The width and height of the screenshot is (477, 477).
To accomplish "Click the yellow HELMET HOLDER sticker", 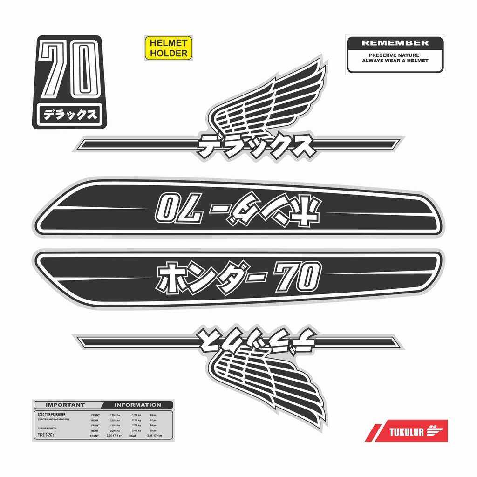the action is pos(169,48).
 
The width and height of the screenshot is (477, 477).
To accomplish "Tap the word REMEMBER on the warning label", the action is pos(395,43).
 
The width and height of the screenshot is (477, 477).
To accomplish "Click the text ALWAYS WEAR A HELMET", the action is pos(395,61).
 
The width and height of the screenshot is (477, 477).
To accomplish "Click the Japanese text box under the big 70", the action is pos(69,115).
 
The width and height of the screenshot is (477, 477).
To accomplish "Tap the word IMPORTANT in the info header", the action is pos(65,405).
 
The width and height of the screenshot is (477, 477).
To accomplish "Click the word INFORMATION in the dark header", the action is pos(137,405).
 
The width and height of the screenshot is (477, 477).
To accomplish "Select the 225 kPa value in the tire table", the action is pos(115,420).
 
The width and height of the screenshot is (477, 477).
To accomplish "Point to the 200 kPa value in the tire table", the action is pos(115,431).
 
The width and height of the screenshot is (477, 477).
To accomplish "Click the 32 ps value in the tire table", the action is pos(153,420).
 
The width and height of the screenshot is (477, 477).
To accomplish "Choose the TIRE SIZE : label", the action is pos(46,436).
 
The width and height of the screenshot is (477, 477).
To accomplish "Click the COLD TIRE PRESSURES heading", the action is pos(51,414).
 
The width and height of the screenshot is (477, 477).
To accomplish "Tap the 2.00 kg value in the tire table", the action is pos(136,431).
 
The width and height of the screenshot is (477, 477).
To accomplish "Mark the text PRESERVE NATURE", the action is pos(395,55).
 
